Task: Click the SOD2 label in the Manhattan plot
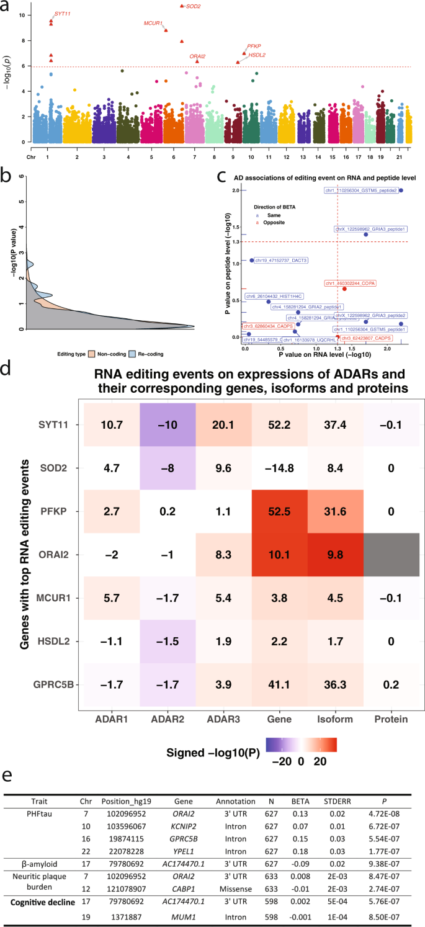click(194, 6)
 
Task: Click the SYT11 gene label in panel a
click(61, 13)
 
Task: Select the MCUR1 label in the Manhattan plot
click(153, 24)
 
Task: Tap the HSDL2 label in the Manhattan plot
click(257, 55)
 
